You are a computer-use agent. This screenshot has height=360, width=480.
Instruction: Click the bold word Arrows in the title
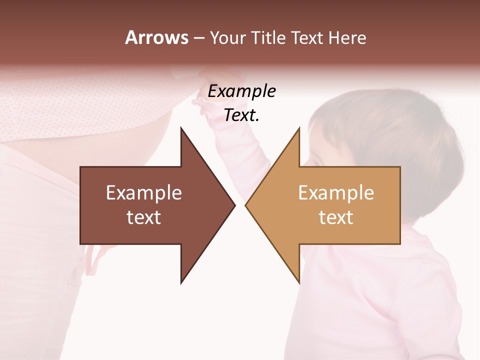(x=156, y=37)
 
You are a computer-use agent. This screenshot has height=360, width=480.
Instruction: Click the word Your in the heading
(x=227, y=38)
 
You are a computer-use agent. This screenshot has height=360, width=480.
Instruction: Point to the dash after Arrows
(x=198, y=38)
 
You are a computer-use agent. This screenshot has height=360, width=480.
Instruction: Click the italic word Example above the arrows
(x=241, y=91)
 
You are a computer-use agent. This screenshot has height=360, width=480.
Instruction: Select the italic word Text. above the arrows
(x=241, y=115)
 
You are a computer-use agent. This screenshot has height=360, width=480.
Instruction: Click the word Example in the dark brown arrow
(x=144, y=193)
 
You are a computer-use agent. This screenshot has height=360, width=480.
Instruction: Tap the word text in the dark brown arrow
(x=144, y=217)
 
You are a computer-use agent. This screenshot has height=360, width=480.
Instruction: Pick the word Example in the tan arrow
(x=336, y=193)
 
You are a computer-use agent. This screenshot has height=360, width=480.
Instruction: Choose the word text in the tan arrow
(x=336, y=217)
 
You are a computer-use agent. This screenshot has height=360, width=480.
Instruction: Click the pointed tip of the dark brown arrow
(x=234, y=205)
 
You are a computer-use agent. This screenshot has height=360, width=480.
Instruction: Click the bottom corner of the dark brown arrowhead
(x=181, y=282)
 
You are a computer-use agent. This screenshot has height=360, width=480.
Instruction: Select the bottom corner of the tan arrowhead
(x=299, y=282)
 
